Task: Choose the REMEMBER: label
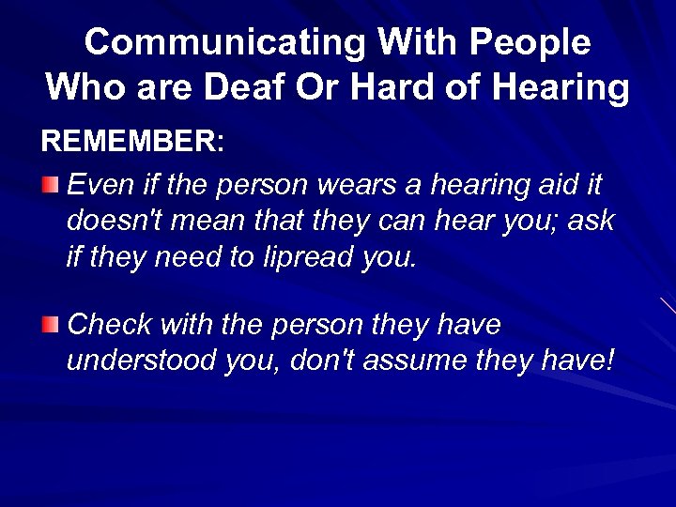point(132,142)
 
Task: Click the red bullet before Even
point(51,182)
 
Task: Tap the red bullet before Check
point(51,325)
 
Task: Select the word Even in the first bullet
point(96,185)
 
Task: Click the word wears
point(360,185)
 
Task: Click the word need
point(188,257)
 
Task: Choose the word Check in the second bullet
point(110,325)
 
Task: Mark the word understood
point(142,361)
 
